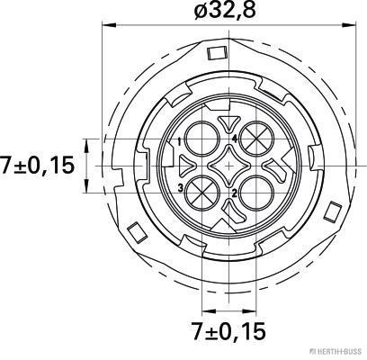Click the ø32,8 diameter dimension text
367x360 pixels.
pyautogui.click(x=225, y=10)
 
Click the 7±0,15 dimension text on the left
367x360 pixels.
pyautogui.click(x=37, y=166)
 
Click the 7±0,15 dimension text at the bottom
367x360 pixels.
pyautogui.click(x=228, y=331)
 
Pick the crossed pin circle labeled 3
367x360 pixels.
pyautogui.click(x=202, y=192)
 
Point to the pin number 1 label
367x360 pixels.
pyautogui.click(x=179, y=141)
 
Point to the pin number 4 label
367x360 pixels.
pyautogui.click(x=235, y=139)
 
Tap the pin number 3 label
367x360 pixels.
pyautogui.click(x=181, y=188)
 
